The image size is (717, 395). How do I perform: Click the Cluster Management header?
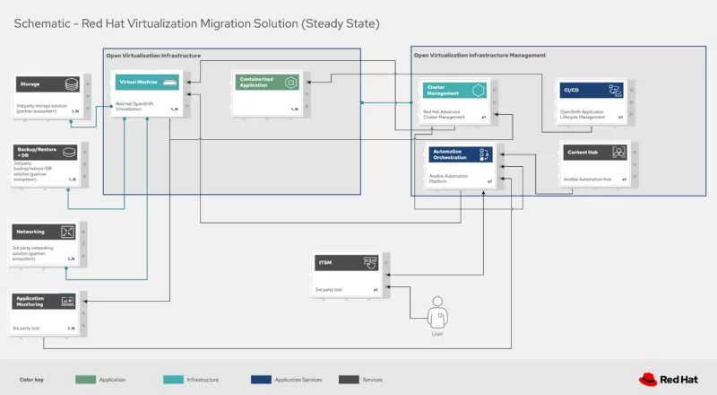point(454,90)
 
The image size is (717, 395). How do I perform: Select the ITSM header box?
point(346,262)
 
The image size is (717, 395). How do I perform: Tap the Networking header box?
point(45,232)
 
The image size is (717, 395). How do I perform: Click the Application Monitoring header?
point(45,301)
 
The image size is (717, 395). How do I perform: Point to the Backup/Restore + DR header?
point(45,153)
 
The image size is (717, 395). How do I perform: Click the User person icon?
point(438,315)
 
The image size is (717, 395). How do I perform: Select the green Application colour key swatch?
point(86,379)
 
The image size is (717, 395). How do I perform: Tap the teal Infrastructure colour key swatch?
point(173,379)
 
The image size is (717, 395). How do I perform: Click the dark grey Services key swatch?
point(349,379)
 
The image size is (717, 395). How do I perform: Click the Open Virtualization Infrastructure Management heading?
point(479,55)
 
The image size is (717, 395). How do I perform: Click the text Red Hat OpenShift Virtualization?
point(136,108)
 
